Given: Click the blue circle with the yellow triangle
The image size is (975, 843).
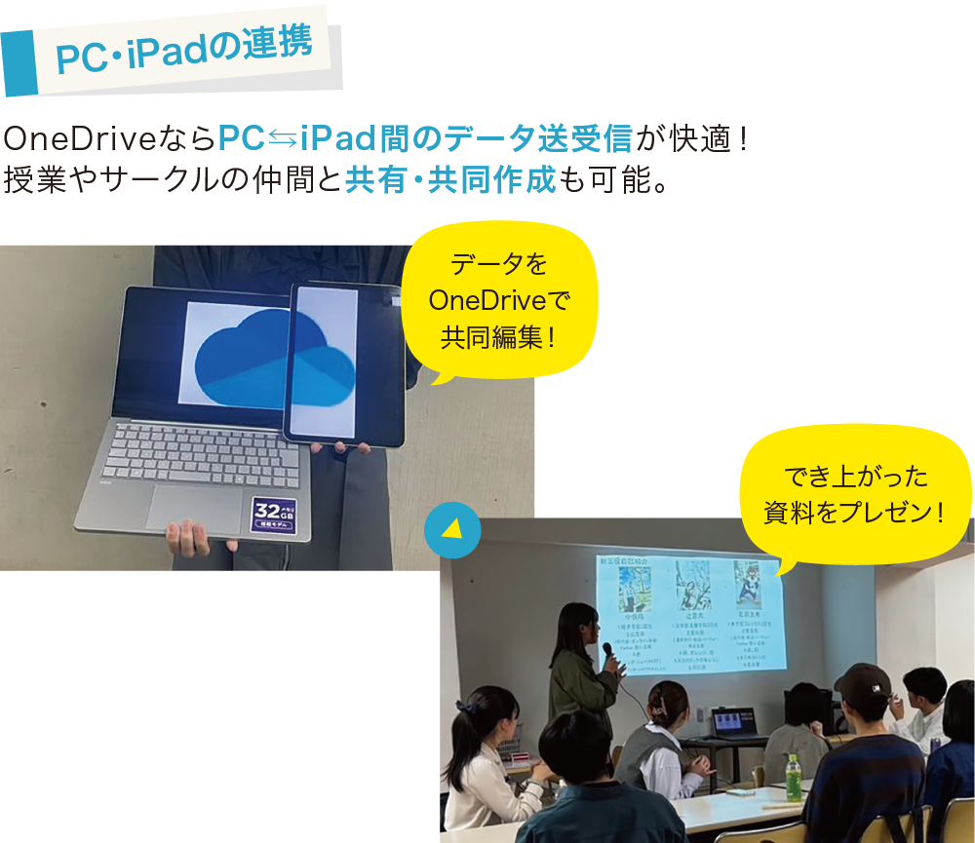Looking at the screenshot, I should point(452,529).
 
